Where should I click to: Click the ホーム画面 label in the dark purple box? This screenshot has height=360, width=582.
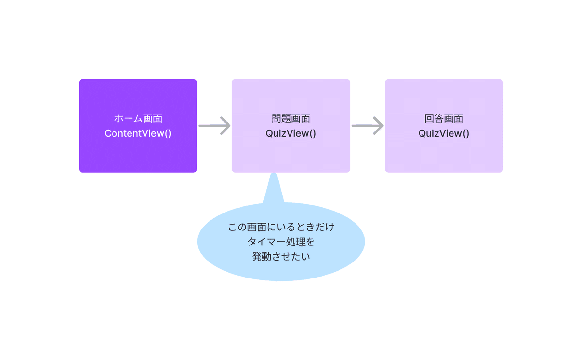pyautogui.click(x=138, y=118)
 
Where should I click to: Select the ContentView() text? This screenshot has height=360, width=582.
pyautogui.click(x=138, y=133)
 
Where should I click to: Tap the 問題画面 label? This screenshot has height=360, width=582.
pyautogui.click(x=291, y=118)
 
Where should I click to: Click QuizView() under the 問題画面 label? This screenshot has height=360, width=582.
pyautogui.click(x=291, y=133)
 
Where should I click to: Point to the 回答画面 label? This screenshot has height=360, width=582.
pyautogui.click(x=444, y=118)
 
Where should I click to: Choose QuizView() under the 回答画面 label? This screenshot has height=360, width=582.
pyautogui.click(x=444, y=133)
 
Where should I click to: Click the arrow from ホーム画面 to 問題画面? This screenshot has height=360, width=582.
pyautogui.click(x=214, y=126)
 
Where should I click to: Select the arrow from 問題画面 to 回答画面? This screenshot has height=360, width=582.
pyautogui.click(x=368, y=126)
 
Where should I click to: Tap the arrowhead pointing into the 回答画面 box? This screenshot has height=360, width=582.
pyautogui.click(x=379, y=126)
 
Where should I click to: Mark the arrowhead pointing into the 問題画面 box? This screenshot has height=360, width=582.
pyautogui.click(x=226, y=126)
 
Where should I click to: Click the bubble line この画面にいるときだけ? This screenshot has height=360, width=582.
pyautogui.click(x=281, y=227)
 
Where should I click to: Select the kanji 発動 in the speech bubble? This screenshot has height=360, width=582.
pyautogui.click(x=261, y=257)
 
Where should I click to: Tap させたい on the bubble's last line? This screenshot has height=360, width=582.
pyautogui.click(x=291, y=257)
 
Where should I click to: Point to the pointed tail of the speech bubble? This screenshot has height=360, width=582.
pyautogui.click(x=274, y=174)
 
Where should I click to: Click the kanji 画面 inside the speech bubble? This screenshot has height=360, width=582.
pyautogui.click(x=257, y=227)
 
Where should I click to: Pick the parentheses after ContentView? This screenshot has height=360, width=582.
pyautogui.click(x=168, y=133)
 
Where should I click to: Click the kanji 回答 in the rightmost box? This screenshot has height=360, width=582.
pyautogui.click(x=434, y=118)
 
